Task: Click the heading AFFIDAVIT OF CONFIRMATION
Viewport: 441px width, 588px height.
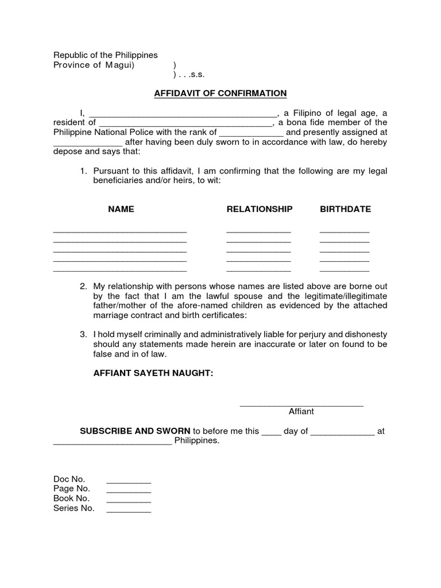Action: [x=220, y=93]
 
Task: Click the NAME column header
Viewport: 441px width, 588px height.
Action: [x=121, y=209]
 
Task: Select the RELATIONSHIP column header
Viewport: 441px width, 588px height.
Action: [x=260, y=209]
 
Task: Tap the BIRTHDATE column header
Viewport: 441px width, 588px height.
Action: [x=345, y=209]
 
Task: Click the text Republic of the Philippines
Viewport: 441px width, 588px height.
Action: [x=105, y=55]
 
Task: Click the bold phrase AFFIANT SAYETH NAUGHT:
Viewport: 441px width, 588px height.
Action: [x=153, y=373]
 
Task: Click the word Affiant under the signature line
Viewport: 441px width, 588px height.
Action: [x=301, y=412]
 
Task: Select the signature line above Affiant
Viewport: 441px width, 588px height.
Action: [x=301, y=405]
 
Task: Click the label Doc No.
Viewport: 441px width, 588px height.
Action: [x=69, y=479]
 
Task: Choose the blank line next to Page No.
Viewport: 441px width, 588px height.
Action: [x=129, y=492]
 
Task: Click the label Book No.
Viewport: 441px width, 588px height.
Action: [x=71, y=498]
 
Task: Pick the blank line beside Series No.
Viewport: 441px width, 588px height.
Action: [x=129, y=511]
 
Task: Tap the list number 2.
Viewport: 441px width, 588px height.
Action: [x=83, y=286]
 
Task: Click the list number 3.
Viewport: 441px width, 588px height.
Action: [x=83, y=334]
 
